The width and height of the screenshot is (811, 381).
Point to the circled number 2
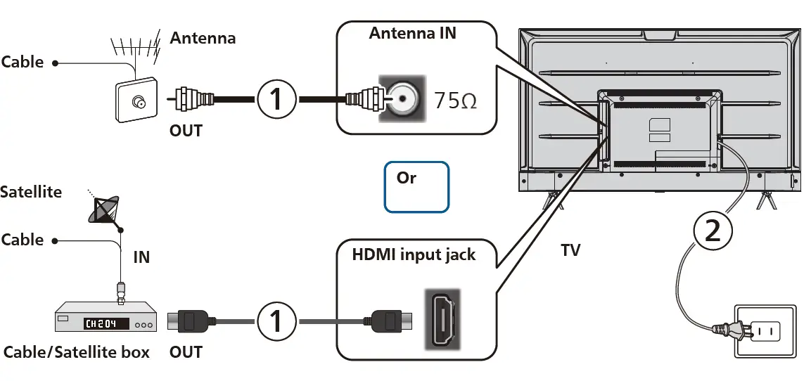[x=712, y=231]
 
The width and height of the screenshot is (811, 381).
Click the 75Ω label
[x=455, y=101]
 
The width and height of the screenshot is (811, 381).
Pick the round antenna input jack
[x=402, y=99]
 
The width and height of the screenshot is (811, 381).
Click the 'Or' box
[x=416, y=186]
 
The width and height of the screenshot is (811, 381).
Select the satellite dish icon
[x=104, y=210]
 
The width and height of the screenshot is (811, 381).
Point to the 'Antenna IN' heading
[x=412, y=33]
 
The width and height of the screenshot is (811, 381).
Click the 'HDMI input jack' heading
[x=414, y=254]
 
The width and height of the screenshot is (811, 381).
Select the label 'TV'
[x=570, y=250]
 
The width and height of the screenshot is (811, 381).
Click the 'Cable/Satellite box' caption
[x=76, y=352]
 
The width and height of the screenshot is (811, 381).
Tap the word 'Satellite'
[x=31, y=192]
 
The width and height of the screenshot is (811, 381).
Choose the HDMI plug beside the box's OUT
[x=188, y=321]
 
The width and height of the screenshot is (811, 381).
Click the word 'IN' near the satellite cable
[x=141, y=257]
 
